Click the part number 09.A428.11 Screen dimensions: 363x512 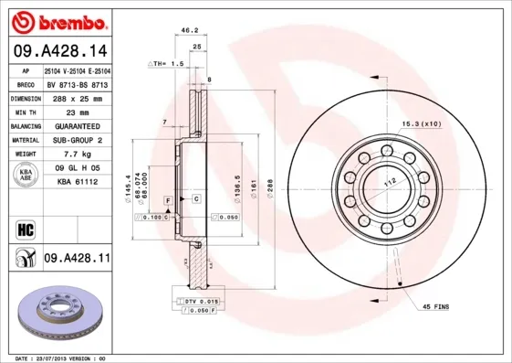click(77, 259)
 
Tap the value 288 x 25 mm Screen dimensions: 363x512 click(78, 98)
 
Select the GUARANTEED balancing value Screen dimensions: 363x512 click(78, 126)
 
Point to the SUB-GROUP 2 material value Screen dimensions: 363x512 click(78, 140)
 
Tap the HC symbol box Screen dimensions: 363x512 click(24, 227)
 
